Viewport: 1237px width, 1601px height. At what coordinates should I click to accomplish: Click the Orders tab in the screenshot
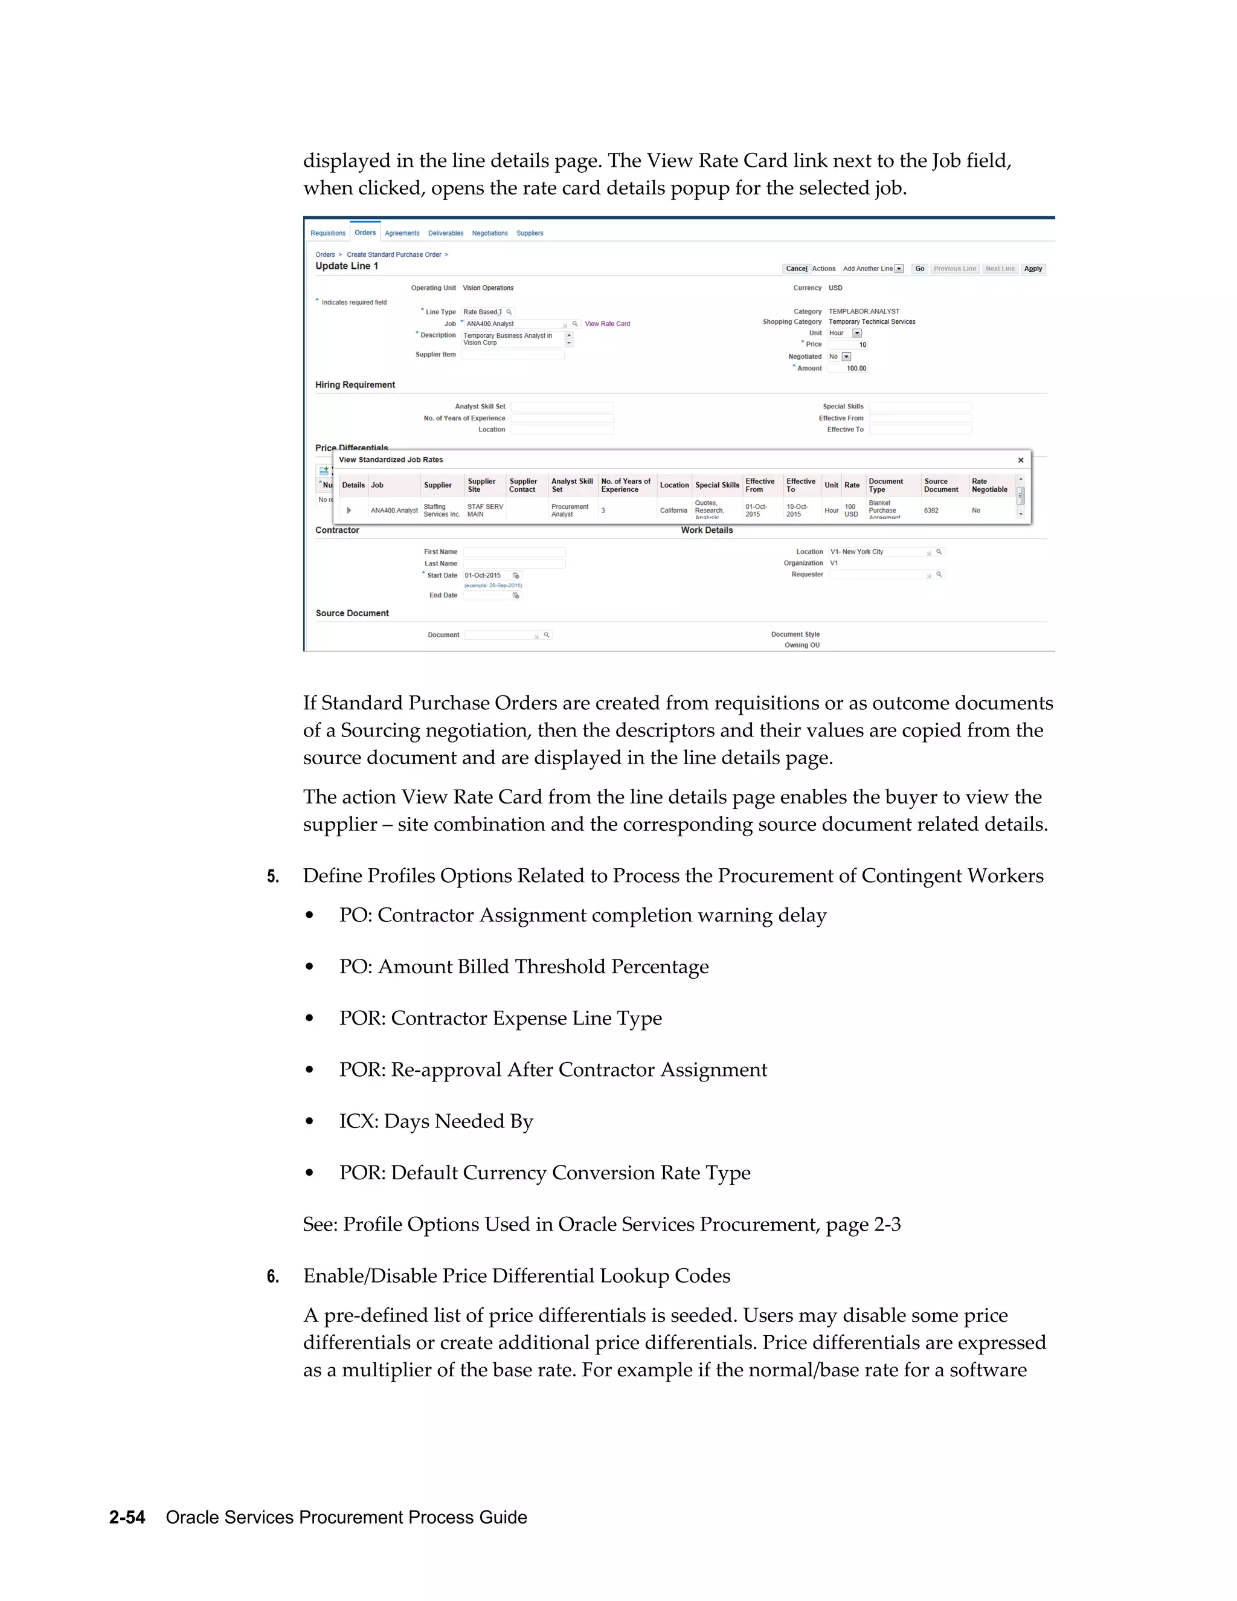pos(365,233)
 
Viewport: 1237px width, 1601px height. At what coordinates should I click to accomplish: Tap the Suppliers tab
pos(529,233)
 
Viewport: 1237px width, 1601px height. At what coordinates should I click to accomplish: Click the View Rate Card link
pos(607,323)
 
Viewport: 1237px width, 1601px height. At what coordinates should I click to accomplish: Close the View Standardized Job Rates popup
pos(1020,460)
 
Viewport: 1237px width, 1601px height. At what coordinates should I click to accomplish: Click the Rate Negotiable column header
pos(989,485)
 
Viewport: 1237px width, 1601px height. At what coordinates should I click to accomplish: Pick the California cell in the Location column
pos(673,511)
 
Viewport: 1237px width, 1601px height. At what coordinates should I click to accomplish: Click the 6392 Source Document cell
pos(931,511)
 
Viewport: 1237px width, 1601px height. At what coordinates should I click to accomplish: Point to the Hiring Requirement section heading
pos(355,385)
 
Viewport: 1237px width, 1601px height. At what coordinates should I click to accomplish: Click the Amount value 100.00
pos(855,369)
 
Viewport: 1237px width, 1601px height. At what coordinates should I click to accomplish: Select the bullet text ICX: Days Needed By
pos(436,1121)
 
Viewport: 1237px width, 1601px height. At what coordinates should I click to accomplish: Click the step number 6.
pos(272,1277)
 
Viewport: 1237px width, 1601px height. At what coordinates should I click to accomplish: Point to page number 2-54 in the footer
pos(127,1518)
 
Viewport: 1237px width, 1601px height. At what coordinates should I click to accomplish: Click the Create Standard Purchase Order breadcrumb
pos(394,255)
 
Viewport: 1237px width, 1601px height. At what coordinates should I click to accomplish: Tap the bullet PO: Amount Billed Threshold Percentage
pos(523,967)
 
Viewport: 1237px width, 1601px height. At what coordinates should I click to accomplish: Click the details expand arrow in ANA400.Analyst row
pos(349,511)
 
